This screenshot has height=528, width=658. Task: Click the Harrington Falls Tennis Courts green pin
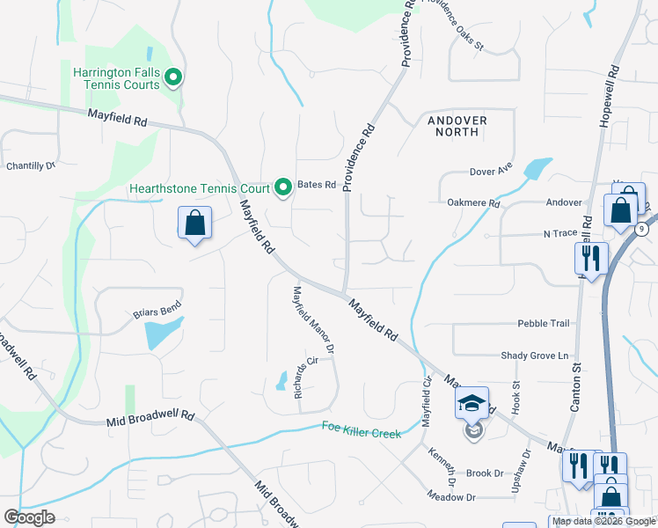(x=174, y=78)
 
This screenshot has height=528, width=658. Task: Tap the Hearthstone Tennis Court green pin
(x=283, y=187)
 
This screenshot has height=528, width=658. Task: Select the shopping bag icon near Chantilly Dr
(x=194, y=223)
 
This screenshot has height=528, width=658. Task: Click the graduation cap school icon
(x=472, y=403)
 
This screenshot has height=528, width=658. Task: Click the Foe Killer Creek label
(x=362, y=431)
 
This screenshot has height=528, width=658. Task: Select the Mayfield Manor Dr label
(x=313, y=320)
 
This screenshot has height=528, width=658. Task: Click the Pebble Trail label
(x=544, y=323)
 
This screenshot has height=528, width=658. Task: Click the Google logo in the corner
(x=29, y=517)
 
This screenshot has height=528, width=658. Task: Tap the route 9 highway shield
(x=641, y=230)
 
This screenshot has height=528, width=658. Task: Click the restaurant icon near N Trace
(x=588, y=258)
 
